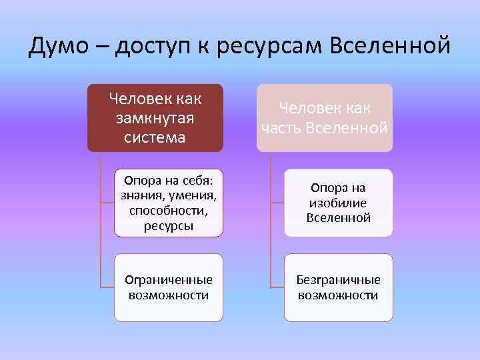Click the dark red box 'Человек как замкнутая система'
tap(155, 117)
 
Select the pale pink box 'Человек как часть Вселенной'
tap(325, 117)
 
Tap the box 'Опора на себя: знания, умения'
tap(168, 203)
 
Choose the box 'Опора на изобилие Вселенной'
tap(339, 203)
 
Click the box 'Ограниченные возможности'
tap(168, 287)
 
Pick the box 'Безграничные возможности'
tap(339, 287)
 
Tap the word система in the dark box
tap(155, 137)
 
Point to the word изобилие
tap(339, 203)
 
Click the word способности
tap(168, 210)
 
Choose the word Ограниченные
tap(169, 280)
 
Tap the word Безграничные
tap(339, 280)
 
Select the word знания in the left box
tap(140, 195)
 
